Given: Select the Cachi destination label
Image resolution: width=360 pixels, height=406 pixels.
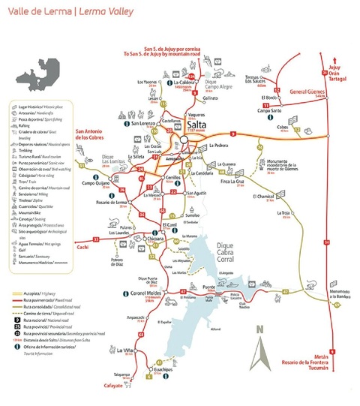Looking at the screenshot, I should pos(83,245).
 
